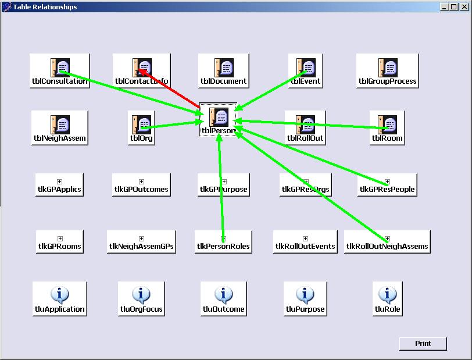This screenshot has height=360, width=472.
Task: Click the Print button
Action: [x=423, y=344]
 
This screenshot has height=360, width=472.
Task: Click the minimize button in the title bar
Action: [x=445, y=7]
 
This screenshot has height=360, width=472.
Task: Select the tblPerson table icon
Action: [x=219, y=117]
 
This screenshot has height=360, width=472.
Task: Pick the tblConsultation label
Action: [x=60, y=81]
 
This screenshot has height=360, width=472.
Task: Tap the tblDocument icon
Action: [x=224, y=67]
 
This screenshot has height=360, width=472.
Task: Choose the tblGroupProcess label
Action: [x=387, y=81]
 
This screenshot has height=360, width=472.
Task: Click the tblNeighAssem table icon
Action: [x=60, y=124]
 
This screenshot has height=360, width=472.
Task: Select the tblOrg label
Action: [x=142, y=138]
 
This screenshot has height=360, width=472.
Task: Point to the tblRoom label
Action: [x=387, y=138]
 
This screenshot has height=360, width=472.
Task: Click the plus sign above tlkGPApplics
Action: [x=60, y=182]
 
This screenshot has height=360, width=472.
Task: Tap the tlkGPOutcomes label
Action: [x=141, y=190]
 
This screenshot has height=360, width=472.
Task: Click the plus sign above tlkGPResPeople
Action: [x=388, y=182]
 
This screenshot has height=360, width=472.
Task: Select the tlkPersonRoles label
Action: [x=223, y=247]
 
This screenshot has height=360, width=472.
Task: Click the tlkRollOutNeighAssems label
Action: [x=387, y=247]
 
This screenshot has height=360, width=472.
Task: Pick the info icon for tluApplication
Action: [x=60, y=294]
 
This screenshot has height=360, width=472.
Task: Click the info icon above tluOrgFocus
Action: [x=141, y=294]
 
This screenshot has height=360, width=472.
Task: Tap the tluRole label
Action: [x=388, y=309]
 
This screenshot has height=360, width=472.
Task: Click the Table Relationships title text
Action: [x=45, y=7]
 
